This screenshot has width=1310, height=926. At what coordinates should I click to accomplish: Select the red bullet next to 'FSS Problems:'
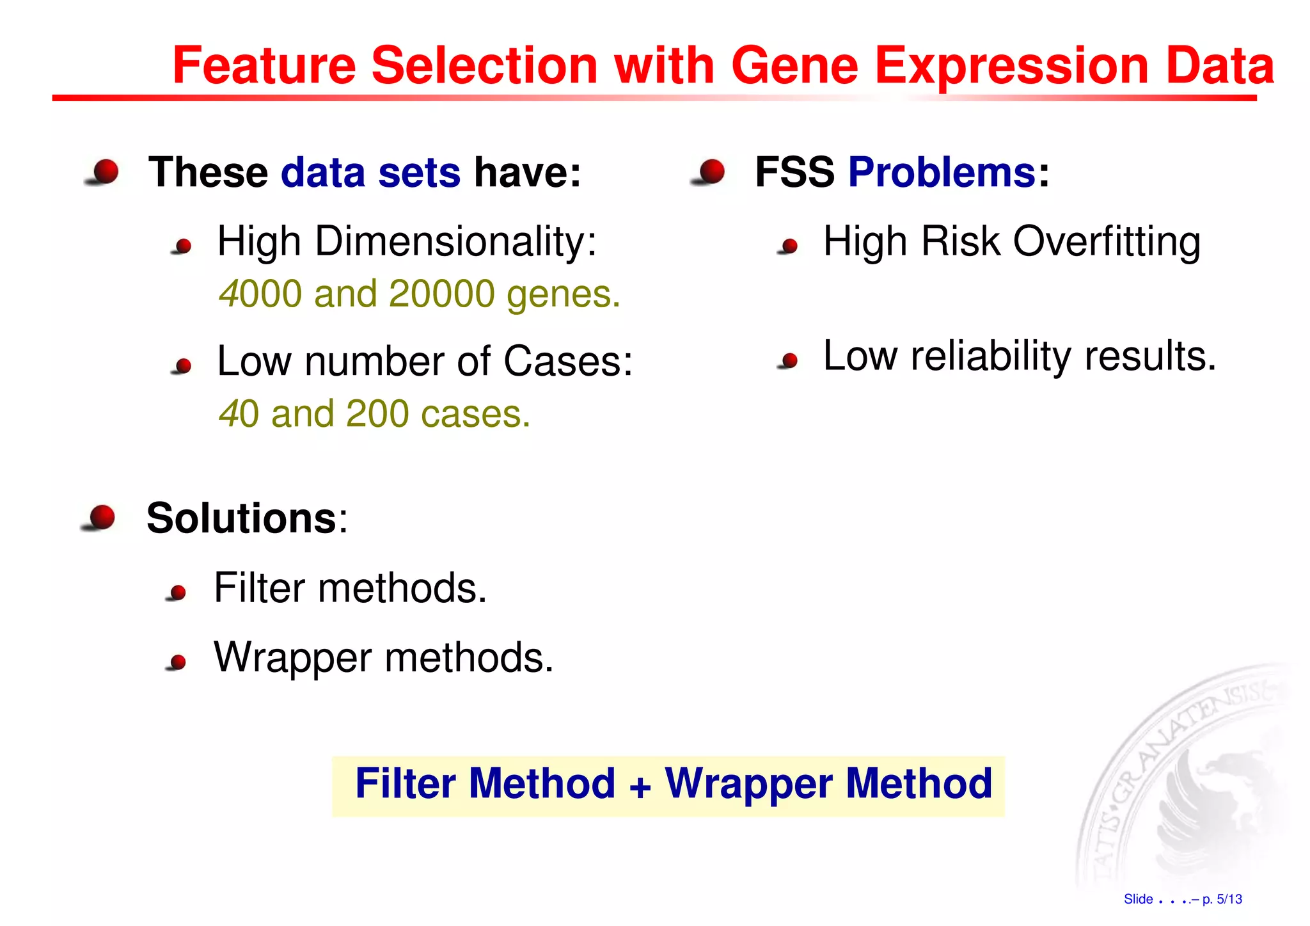tap(710, 172)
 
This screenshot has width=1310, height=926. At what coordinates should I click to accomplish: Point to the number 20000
tap(441, 294)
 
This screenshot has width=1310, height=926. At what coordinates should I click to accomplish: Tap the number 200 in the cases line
tap(377, 413)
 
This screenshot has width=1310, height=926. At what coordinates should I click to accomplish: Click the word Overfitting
tap(1107, 242)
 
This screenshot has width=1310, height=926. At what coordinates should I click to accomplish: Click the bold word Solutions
tap(241, 518)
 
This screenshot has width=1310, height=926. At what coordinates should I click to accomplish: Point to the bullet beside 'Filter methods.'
tap(177, 593)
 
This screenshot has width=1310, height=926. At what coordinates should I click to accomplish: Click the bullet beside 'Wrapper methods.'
tap(177, 662)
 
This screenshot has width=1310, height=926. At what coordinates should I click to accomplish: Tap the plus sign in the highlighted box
tap(640, 786)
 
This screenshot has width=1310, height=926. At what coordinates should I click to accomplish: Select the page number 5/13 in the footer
tap(1229, 899)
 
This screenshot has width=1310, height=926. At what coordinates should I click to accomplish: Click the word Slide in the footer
tap(1138, 899)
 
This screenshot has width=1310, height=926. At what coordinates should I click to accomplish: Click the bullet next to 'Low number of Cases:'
tap(183, 365)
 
